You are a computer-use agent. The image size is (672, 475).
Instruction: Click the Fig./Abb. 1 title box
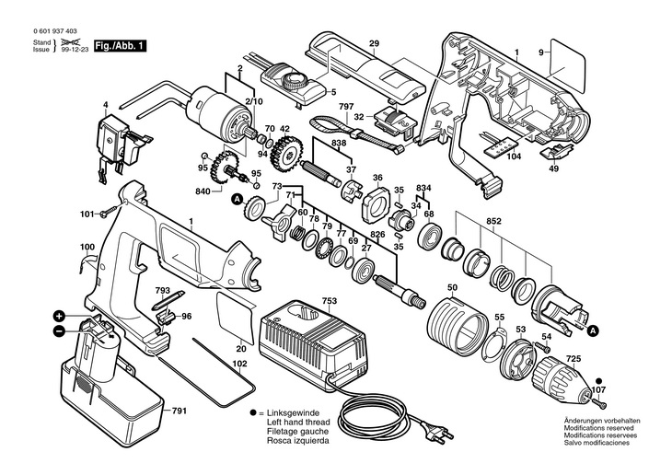click(x=120, y=46)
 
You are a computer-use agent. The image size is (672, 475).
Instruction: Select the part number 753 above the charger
click(x=330, y=301)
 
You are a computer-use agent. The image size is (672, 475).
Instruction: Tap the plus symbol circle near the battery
click(x=59, y=317)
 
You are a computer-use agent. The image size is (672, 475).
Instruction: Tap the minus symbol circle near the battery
click(x=59, y=331)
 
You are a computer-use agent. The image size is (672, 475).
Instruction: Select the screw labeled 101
click(x=109, y=212)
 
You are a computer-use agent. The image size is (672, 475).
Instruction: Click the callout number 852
click(x=493, y=222)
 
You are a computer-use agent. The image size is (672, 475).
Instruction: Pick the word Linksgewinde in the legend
click(x=293, y=413)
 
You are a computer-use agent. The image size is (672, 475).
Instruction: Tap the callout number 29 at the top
click(x=374, y=43)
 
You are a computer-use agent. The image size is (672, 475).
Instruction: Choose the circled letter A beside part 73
click(x=237, y=199)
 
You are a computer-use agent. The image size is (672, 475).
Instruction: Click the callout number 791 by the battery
click(x=180, y=411)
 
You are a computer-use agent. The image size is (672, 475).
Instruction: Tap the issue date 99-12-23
click(x=74, y=50)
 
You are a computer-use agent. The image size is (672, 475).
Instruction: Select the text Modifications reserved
click(x=598, y=428)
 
